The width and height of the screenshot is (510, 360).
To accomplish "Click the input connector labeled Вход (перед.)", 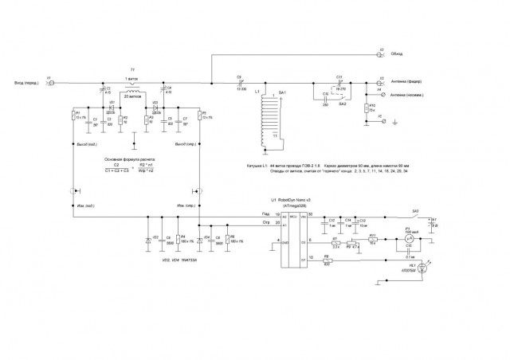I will [49, 82].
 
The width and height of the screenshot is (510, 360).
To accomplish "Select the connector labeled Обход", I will [379, 54].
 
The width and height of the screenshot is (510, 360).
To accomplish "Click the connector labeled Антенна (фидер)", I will [379, 82].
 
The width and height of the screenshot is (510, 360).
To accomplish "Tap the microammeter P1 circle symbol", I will [408, 237].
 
